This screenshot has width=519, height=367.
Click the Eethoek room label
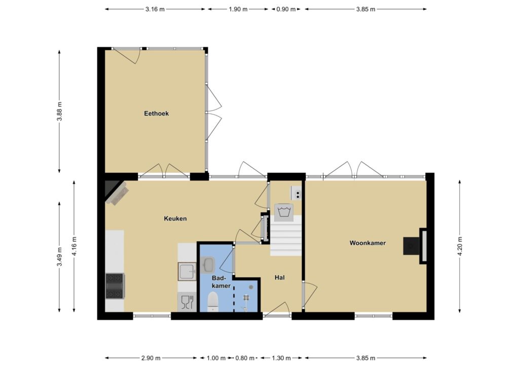[156, 114]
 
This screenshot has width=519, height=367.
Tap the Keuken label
[175, 218]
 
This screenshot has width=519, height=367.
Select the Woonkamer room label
[367, 243]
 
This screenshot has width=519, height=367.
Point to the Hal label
[280, 277]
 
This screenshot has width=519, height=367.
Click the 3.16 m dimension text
[155, 9]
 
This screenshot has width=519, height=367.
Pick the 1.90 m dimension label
[238, 9]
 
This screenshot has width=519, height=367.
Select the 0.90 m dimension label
[286, 9]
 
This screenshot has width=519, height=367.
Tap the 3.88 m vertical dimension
[60, 112]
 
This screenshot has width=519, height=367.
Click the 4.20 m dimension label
[460, 246]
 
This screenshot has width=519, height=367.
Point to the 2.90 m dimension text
[151, 358]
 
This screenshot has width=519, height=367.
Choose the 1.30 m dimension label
[281, 358]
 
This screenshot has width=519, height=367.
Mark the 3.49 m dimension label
[60, 257]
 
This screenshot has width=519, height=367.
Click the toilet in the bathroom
[213, 302]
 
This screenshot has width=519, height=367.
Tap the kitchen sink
[187, 271]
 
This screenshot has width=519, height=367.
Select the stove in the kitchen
[115, 285]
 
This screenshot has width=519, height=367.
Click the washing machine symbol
[284, 212]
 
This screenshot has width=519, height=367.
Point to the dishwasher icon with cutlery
[187, 302]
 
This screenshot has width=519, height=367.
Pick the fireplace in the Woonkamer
[415, 246]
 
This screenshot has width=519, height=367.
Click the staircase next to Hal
[286, 235]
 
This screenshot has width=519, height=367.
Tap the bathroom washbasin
[208, 265]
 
